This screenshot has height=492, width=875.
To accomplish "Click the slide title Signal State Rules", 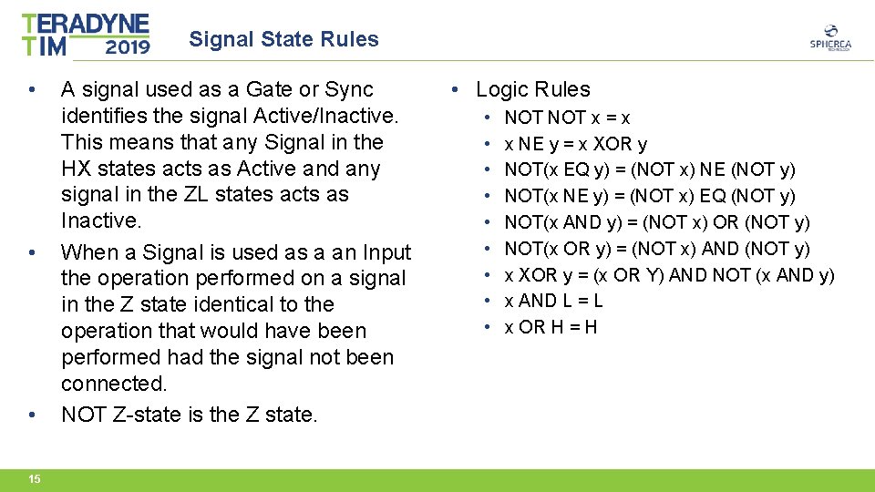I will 283,39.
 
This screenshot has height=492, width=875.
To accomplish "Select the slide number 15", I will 34,479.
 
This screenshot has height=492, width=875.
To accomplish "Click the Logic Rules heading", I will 532,89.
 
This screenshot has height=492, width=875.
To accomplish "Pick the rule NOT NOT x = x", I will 567,118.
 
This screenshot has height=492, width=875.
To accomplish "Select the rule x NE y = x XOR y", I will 576,144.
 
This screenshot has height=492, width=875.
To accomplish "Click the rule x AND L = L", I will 553,301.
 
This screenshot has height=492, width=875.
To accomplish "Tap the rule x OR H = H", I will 551,327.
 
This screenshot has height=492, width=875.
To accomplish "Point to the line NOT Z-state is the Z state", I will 190,415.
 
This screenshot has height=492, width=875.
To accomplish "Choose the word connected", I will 113,384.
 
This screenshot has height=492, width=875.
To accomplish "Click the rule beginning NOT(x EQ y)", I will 649,170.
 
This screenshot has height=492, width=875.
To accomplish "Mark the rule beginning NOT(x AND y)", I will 656,222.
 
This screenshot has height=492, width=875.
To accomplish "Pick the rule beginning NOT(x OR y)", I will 657,249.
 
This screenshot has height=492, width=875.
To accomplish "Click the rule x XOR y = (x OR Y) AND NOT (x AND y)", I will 669,275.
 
